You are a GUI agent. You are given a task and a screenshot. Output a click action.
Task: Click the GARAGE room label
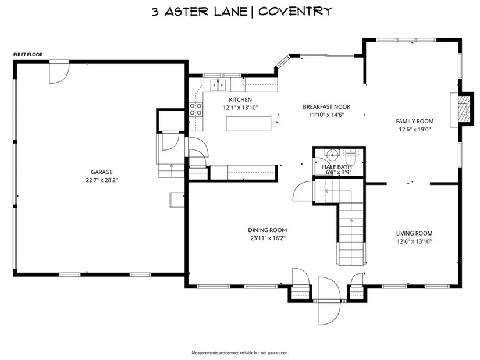102,172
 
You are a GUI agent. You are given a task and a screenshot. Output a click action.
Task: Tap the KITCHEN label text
240,100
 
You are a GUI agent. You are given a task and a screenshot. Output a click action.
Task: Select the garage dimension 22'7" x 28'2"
102,180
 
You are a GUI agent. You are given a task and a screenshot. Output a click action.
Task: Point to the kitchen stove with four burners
196,109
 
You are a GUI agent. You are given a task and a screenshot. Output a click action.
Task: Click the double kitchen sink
218,85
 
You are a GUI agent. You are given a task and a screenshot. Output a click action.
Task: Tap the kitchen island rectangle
248,123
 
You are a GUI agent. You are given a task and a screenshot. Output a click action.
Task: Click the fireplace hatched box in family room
464,109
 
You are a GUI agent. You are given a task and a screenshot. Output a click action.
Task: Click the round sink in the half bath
331,154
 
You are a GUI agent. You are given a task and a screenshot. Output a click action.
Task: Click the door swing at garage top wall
59,72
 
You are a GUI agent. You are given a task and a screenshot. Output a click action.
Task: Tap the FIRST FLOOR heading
28,55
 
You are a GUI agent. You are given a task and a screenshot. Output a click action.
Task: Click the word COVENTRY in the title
295,12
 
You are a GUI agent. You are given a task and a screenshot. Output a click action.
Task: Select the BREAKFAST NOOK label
326,107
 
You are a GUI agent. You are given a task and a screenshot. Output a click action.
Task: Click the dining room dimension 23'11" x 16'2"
268,238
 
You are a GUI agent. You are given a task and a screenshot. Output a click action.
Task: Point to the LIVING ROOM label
414,233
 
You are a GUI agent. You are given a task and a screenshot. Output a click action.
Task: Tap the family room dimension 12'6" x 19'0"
414,129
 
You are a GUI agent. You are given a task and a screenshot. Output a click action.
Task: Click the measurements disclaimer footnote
240,352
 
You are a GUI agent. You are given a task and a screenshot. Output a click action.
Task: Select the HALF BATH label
337,167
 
